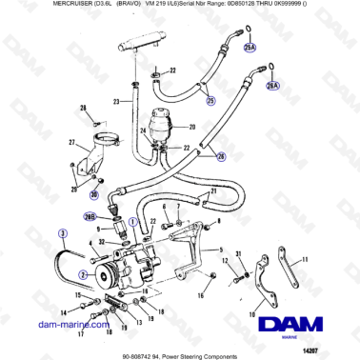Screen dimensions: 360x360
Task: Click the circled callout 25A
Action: (x=250, y=46)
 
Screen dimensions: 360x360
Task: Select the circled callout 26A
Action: (x=273, y=85)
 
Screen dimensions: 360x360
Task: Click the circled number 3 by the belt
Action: (x=63, y=232)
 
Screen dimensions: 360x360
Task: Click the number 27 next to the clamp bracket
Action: (x=71, y=142)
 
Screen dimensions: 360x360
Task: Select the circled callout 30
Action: (x=94, y=194)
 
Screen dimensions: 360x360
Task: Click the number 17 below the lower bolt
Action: (x=83, y=334)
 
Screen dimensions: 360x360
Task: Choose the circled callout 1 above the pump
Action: (x=133, y=221)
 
